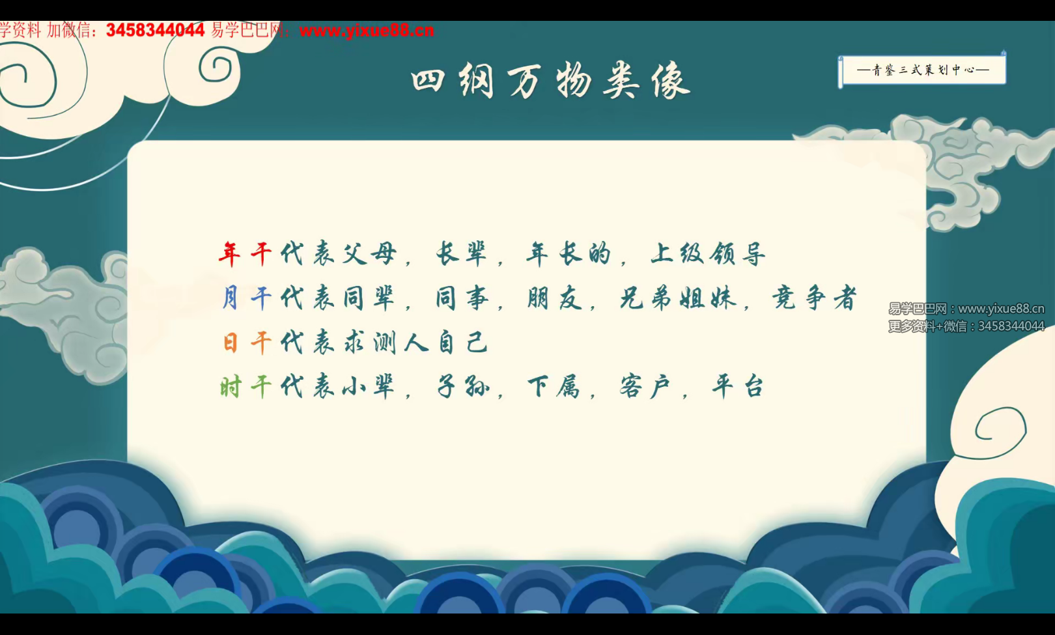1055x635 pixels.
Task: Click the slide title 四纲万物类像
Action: pos(550,81)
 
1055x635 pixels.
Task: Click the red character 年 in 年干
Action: pos(229,253)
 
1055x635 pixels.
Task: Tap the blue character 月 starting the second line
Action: pos(230,298)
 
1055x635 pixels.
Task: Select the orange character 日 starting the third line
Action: pos(230,343)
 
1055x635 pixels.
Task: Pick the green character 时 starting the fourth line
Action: pos(230,388)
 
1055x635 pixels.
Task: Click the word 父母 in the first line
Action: pos(369,253)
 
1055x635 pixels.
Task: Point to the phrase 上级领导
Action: pos(708,253)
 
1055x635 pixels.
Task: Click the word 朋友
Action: pos(554,298)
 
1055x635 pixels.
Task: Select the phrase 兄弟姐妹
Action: pos(678,298)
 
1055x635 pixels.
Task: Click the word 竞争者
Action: pos(814,298)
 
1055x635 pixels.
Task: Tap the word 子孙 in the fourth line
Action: pos(463,388)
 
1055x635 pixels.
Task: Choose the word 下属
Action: pos(554,388)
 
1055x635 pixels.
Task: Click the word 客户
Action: pos(645,388)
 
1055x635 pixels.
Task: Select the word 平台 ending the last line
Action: pos(738,388)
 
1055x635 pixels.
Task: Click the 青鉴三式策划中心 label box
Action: pos(922,70)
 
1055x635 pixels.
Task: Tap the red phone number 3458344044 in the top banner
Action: pos(155,30)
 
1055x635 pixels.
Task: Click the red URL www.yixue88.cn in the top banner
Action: pos(367,30)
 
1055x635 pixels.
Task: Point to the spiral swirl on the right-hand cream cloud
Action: pos(1000,430)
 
